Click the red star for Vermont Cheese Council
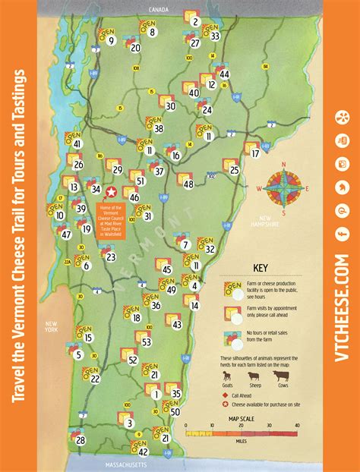(x=112, y=193)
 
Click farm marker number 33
(x=215, y=36)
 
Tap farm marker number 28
(x=81, y=439)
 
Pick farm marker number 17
(x=255, y=153)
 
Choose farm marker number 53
(x=147, y=342)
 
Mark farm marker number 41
(x=77, y=143)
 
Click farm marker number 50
(x=175, y=412)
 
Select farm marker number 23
(x=111, y=256)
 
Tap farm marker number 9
(x=111, y=40)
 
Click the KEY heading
(x=261, y=267)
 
